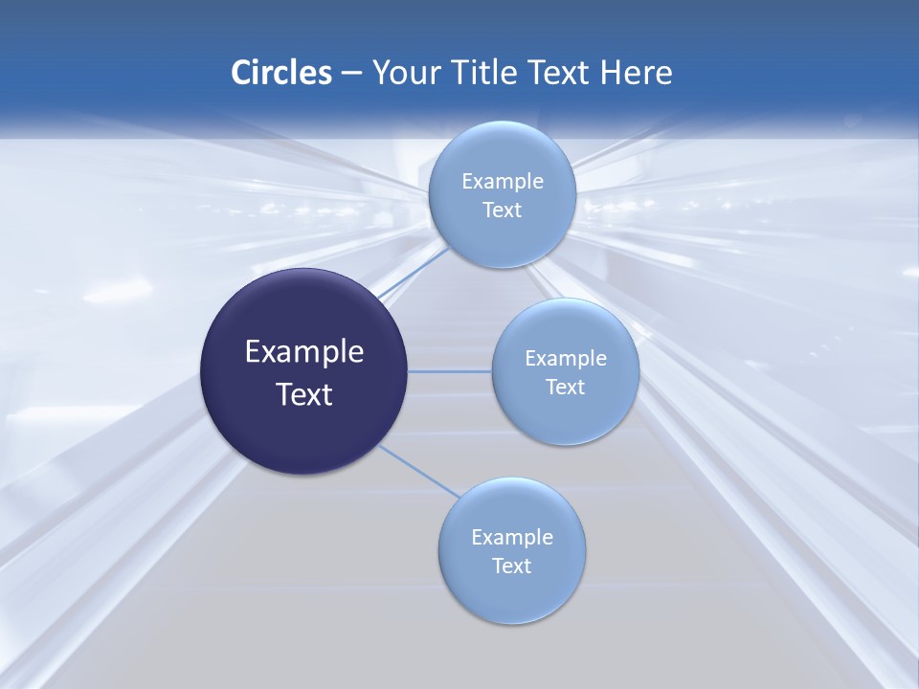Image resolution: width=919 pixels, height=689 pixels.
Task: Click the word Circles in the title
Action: (280, 73)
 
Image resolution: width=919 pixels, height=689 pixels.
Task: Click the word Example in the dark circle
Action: (304, 352)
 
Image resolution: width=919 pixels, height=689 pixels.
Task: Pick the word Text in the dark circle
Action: (304, 394)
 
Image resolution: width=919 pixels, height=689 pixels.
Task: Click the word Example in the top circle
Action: (503, 182)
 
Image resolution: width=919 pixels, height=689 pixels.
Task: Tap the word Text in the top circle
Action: (502, 211)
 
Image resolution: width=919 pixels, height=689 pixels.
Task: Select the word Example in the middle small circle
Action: (566, 359)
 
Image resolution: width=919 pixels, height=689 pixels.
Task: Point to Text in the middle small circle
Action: (565, 388)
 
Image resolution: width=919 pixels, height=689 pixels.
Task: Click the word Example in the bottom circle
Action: (512, 538)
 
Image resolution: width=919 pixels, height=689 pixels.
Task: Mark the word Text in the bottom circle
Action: (511, 567)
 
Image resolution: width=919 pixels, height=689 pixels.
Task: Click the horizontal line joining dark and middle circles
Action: (449, 370)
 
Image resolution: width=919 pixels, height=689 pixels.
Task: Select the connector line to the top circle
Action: (415, 273)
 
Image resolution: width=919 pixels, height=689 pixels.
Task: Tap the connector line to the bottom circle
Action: (419, 471)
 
